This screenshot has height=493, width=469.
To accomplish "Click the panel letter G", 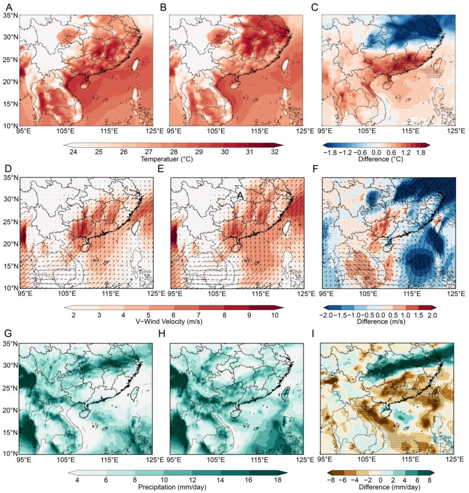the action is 8,334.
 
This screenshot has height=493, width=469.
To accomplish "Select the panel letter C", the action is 314,8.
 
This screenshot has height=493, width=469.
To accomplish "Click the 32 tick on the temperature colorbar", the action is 275,152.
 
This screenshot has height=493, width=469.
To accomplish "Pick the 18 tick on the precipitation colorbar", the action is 278,480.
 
